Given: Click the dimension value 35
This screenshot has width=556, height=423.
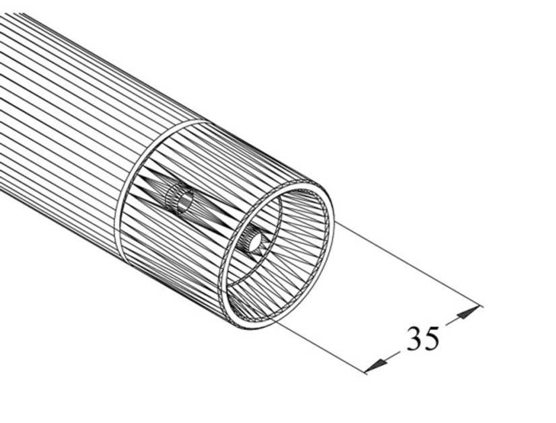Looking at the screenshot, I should point(423,338).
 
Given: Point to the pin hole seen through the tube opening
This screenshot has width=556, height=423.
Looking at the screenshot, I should point(254,241).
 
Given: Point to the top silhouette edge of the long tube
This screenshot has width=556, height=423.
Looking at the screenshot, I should point(101,61).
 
